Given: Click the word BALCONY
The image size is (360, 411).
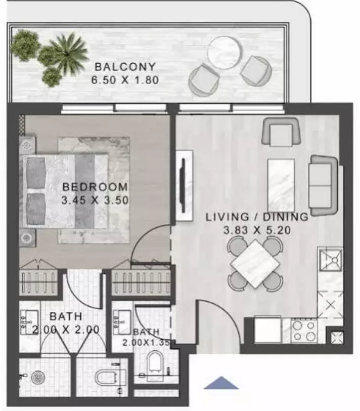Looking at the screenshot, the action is (125, 67).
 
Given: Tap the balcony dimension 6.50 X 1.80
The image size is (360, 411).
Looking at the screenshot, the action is (125, 80).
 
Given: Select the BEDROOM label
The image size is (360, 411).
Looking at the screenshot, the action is (95, 187).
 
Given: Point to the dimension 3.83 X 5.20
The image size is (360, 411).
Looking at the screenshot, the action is (257, 230).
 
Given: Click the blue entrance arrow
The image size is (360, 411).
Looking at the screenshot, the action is (221, 383).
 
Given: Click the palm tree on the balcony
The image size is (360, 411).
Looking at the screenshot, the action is (67, 53).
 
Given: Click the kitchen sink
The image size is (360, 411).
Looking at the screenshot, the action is (330, 260).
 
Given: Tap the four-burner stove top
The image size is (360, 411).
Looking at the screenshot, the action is (304, 331).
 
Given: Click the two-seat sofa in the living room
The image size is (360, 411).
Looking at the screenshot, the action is (323, 186).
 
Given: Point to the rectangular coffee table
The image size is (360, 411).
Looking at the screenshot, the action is (281, 185).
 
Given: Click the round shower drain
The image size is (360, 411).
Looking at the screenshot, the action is (38, 378).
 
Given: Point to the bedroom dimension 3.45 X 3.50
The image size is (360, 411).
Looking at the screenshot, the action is (95, 200).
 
